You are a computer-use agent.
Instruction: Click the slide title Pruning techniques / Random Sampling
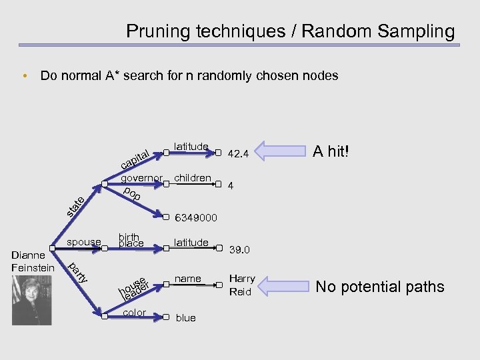click(290, 31)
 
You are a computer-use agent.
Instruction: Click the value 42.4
click(238, 154)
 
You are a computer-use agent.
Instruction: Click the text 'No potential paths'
click(380, 287)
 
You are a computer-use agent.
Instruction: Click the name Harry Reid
click(241, 285)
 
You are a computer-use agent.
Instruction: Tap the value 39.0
click(239, 250)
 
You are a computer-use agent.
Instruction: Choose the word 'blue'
click(185, 318)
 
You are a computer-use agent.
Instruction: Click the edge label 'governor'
click(142, 179)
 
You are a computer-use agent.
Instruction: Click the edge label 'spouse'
click(84, 241)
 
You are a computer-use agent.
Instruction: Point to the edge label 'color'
click(135, 312)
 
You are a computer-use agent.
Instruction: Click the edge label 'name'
click(187, 278)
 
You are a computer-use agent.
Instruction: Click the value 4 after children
click(231, 187)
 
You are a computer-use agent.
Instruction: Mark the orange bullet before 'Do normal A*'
click(24, 76)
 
